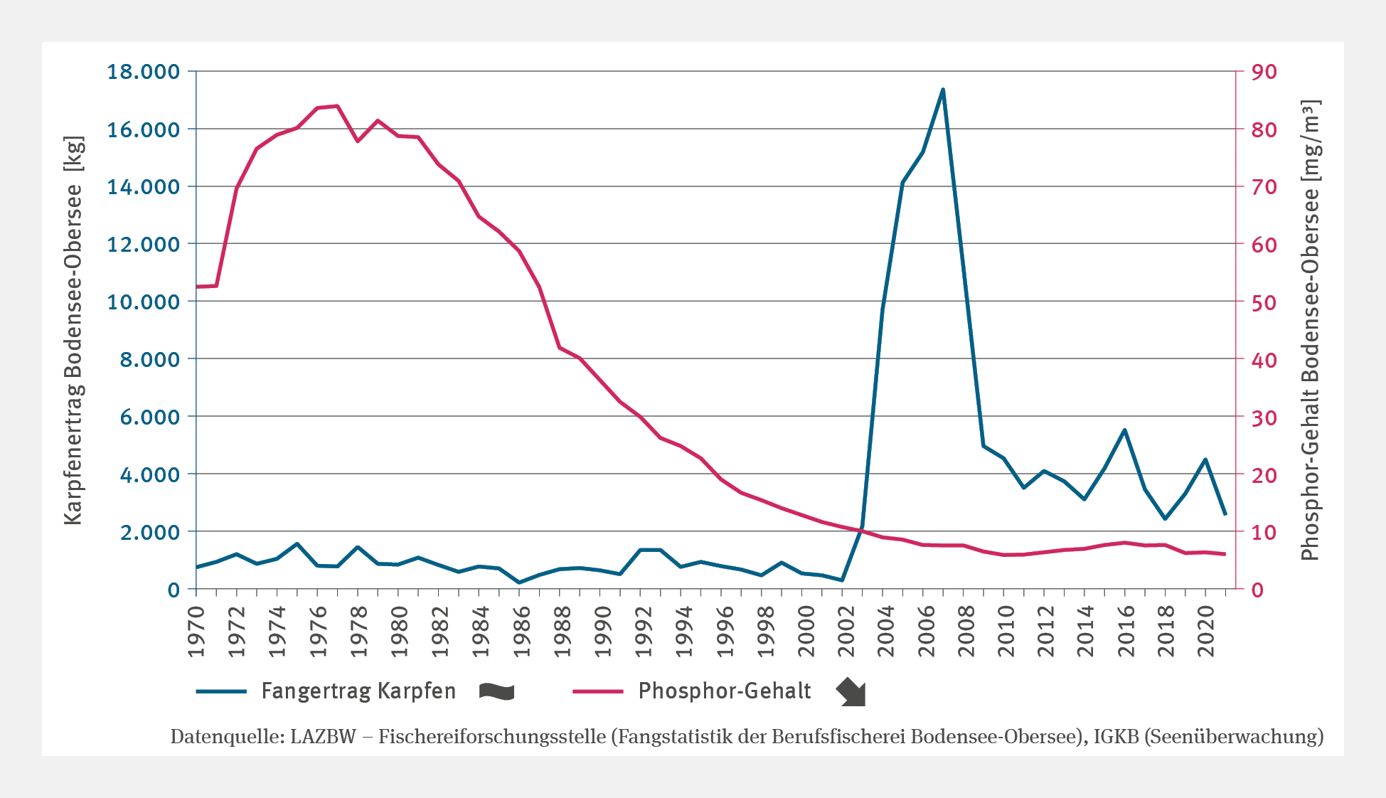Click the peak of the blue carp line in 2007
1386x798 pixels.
(943, 90)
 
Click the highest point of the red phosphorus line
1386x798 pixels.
(337, 106)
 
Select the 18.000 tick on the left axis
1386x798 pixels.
(143, 72)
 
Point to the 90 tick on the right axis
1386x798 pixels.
(1265, 72)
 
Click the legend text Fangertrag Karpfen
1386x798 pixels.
(358, 691)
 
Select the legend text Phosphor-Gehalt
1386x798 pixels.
(725, 691)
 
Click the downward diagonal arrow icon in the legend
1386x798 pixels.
(851, 691)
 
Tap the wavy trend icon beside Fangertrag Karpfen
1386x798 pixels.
(496, 691)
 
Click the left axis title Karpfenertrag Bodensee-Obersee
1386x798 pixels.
(74, 331)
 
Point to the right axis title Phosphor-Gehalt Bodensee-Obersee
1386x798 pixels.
(1310, 331)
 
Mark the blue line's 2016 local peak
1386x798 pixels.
(1124, 430)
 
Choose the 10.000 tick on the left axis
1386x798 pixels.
(143, 302)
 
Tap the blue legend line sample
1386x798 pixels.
(221, 691)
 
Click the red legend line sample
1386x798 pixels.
(598, 691)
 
